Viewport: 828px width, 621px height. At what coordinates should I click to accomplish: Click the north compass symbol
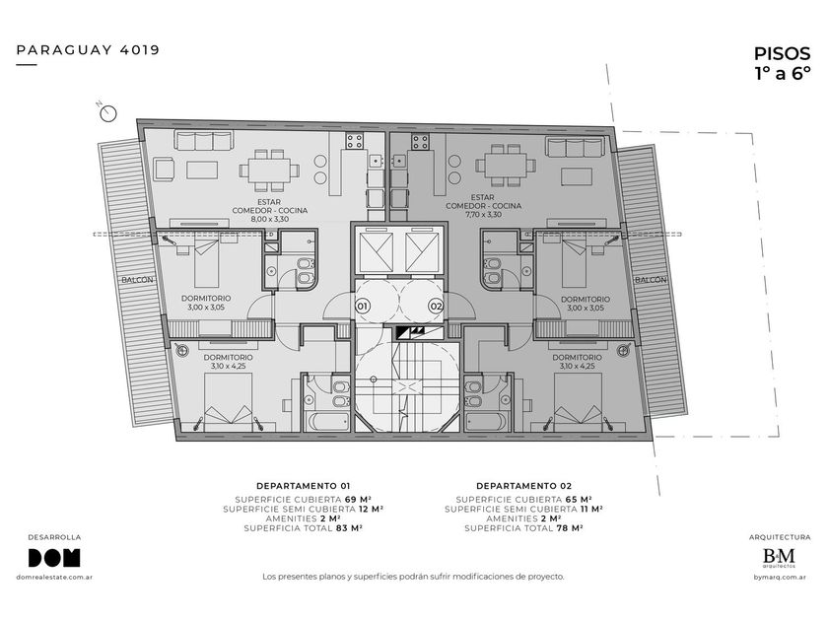click(108, 113)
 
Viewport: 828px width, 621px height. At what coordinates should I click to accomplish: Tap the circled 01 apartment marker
click(363, 306)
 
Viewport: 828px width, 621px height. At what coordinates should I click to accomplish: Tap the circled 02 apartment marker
click(436, 306)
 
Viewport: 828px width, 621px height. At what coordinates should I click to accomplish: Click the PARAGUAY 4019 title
click(88, 50)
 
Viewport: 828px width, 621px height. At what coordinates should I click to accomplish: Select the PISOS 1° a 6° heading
click(782, 63)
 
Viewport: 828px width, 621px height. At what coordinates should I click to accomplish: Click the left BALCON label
click(137, 280)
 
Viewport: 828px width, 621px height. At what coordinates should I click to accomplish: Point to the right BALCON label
click(651, 280)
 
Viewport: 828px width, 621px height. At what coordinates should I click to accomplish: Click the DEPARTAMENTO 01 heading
click(304, 486)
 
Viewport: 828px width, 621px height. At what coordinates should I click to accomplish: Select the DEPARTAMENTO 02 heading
click(523, 486)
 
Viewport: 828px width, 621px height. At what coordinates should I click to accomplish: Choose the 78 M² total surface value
click(570, 528)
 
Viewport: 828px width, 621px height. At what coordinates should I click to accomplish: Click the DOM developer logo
click(54, 558)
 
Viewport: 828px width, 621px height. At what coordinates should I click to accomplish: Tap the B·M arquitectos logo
click(779, 558)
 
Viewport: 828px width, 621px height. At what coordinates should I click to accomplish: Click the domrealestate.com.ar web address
click(54, 578)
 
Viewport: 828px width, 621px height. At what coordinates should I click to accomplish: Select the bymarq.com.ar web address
click(780, 578)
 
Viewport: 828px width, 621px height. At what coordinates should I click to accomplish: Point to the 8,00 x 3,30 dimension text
click(269, 219)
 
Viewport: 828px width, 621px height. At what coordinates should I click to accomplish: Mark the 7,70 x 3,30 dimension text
click(483, 215)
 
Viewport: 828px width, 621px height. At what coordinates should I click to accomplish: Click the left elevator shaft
click(376, 252)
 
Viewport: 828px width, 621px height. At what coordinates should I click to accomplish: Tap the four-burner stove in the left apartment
click(354, 141)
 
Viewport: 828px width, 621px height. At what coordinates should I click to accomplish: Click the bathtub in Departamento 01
click(327, 422)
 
